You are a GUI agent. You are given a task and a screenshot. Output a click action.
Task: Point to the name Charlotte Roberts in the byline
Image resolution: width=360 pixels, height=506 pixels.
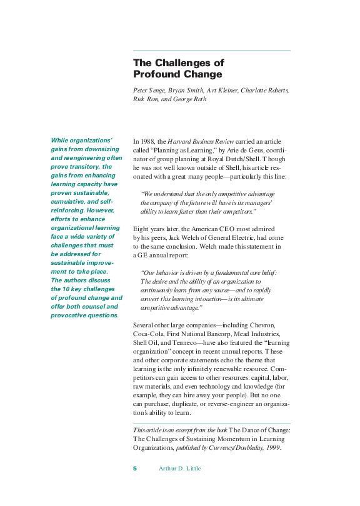pos(262,91)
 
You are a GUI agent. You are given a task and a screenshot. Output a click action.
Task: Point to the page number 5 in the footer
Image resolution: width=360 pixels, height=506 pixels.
pos(135,469)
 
